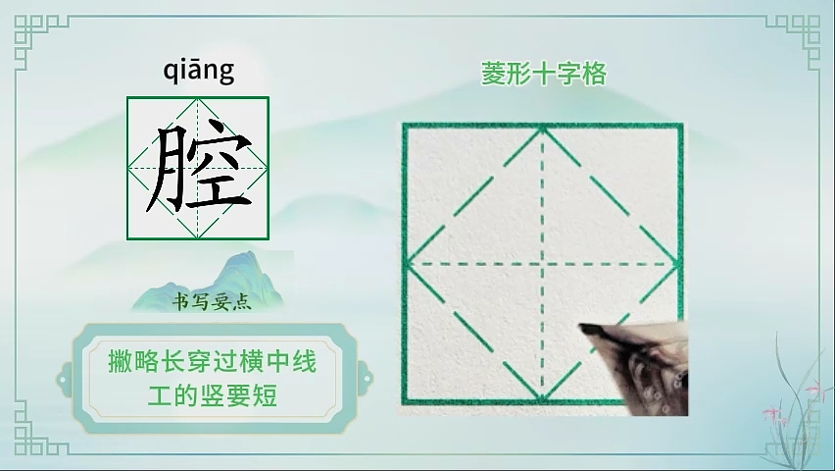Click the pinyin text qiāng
199,71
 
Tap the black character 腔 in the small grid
198,167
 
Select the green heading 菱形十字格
544,74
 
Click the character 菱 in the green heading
493,74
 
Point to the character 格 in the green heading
594,74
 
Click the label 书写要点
212,302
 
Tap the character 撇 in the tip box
121,361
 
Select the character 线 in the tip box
304,361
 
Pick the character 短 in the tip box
265,395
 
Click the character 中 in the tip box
277,361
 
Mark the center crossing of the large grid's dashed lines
542,264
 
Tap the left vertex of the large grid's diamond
408,264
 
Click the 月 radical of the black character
167,170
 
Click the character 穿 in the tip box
199,361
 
